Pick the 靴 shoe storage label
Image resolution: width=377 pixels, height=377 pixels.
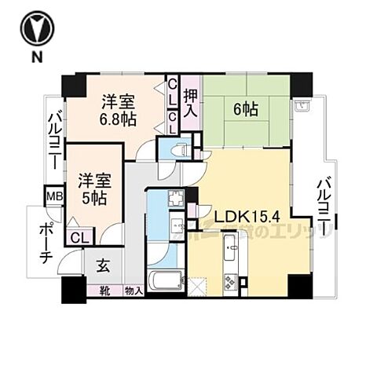tap(104, 291)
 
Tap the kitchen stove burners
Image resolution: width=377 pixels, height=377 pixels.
tap(232, 280)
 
